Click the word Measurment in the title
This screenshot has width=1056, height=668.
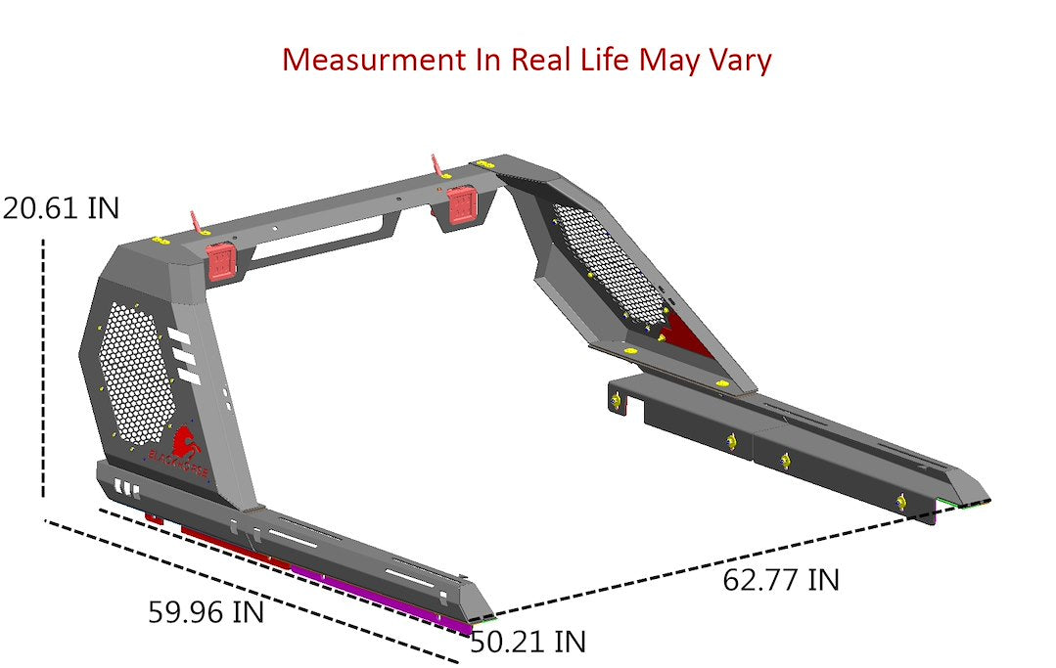pos(372,60)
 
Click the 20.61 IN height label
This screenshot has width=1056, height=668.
pos(61,208)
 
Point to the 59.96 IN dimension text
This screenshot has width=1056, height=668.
pos(206,613)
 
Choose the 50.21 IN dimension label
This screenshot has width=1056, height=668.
pos(528,643)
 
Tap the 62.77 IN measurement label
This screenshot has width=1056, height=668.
pos(780,580)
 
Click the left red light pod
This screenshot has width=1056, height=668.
pos(222,260)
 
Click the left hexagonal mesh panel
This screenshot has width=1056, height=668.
pos(136,372)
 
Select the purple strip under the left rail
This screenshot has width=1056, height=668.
pos(382,599)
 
